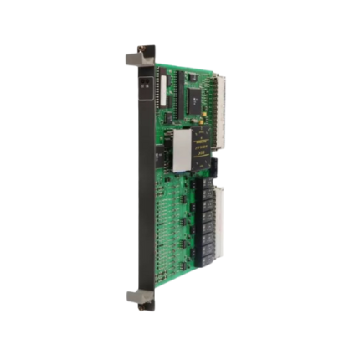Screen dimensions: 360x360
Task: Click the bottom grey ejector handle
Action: pos(136,296)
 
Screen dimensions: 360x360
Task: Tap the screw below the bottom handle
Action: pos(144,307)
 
